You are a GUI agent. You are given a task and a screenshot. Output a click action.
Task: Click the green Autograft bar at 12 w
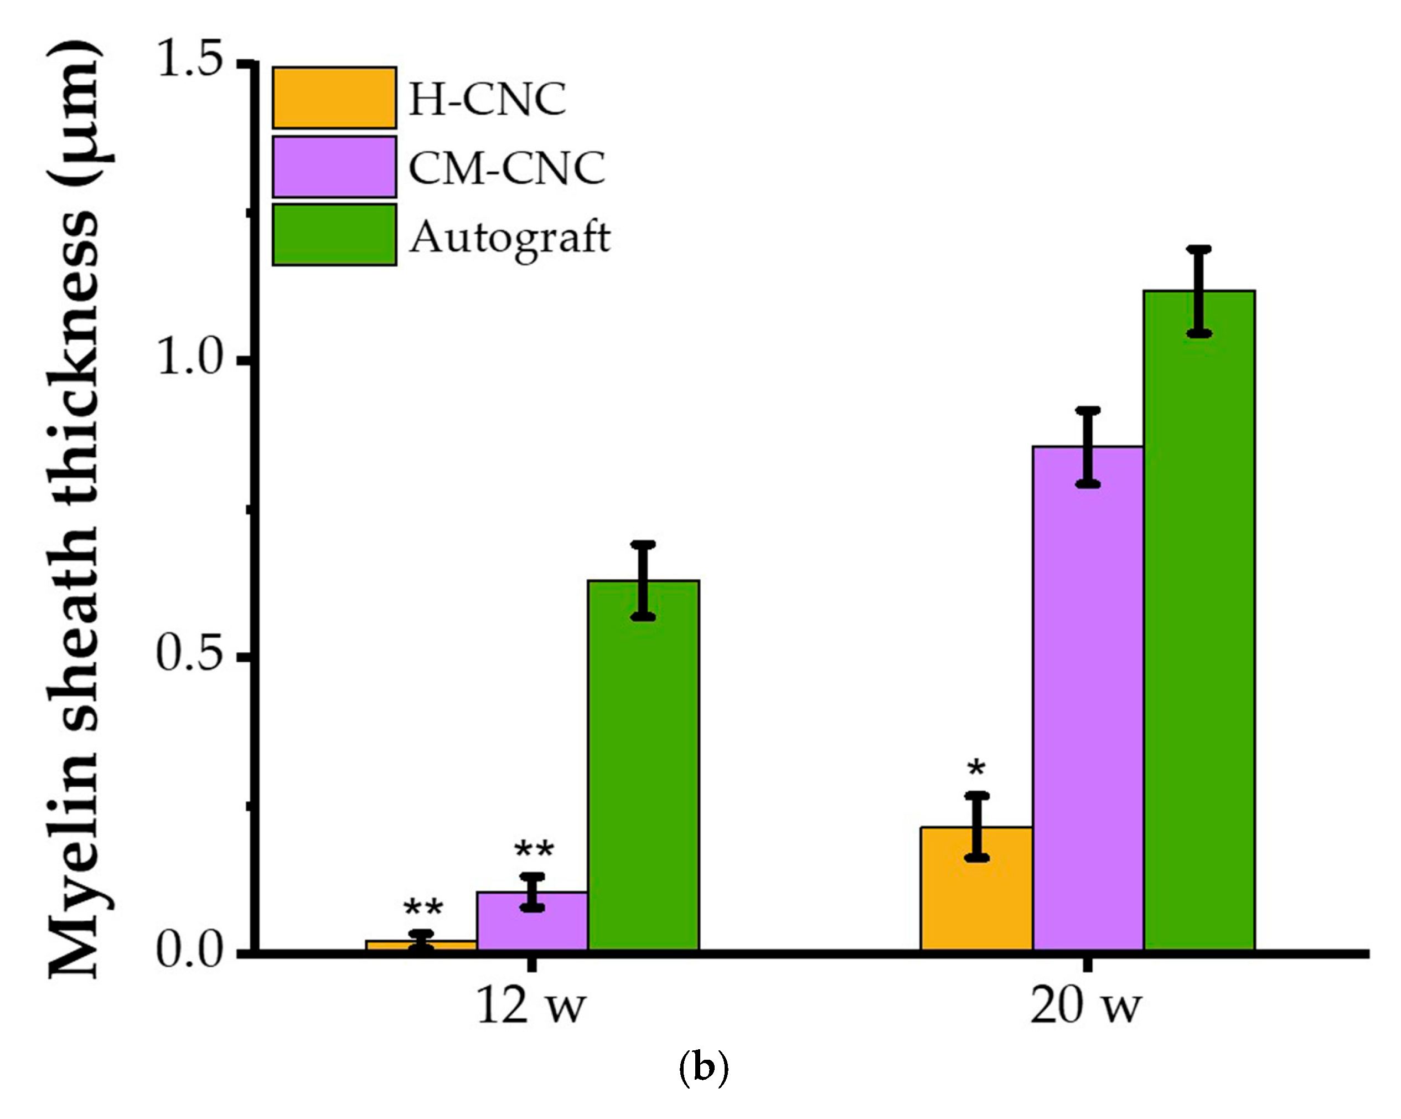point(643,767)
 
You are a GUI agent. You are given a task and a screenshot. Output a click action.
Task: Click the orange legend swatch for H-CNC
point(334,97)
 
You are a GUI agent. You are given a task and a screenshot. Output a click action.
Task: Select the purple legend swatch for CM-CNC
point(334,166)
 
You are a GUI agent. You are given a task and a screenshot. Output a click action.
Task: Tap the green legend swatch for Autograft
point(334,235)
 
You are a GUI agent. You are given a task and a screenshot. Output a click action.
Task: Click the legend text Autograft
point(510,236)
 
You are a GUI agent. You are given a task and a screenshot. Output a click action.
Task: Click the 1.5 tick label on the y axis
point(190,63)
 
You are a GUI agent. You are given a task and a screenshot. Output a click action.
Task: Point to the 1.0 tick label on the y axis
point(190,359)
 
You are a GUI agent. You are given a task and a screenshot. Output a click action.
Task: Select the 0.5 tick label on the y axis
point(190,654)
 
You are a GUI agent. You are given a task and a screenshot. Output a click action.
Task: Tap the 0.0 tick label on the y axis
point(190,950)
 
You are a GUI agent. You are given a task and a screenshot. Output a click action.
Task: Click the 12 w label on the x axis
point(531,1007)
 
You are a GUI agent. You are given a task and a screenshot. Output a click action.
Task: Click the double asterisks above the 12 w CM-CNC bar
point(534,850)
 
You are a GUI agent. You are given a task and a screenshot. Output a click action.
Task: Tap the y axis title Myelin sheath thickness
point(75,507)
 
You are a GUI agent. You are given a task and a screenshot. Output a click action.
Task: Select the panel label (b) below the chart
point(703,1067)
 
